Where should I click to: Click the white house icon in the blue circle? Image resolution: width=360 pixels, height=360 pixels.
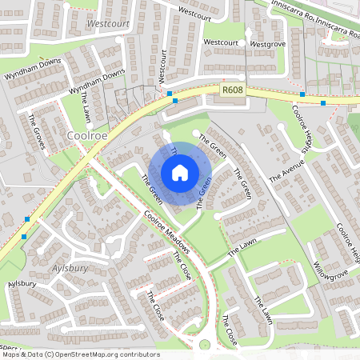pyautogui.click(x=180, y=172)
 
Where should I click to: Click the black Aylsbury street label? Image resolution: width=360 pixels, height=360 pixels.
pyautogui.click(x=22, y=284)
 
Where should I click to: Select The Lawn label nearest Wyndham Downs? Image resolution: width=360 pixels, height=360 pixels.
pyautogui.click(x=86, y=105)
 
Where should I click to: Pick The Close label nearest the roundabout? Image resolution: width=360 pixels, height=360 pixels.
pyautogui.click(x=230, y=330)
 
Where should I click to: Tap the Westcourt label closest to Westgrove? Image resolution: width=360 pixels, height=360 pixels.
pyautogui.click(x=221, y=42)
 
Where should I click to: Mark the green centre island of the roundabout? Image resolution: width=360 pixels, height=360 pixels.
pyautogui.click(x=205, y=346)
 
